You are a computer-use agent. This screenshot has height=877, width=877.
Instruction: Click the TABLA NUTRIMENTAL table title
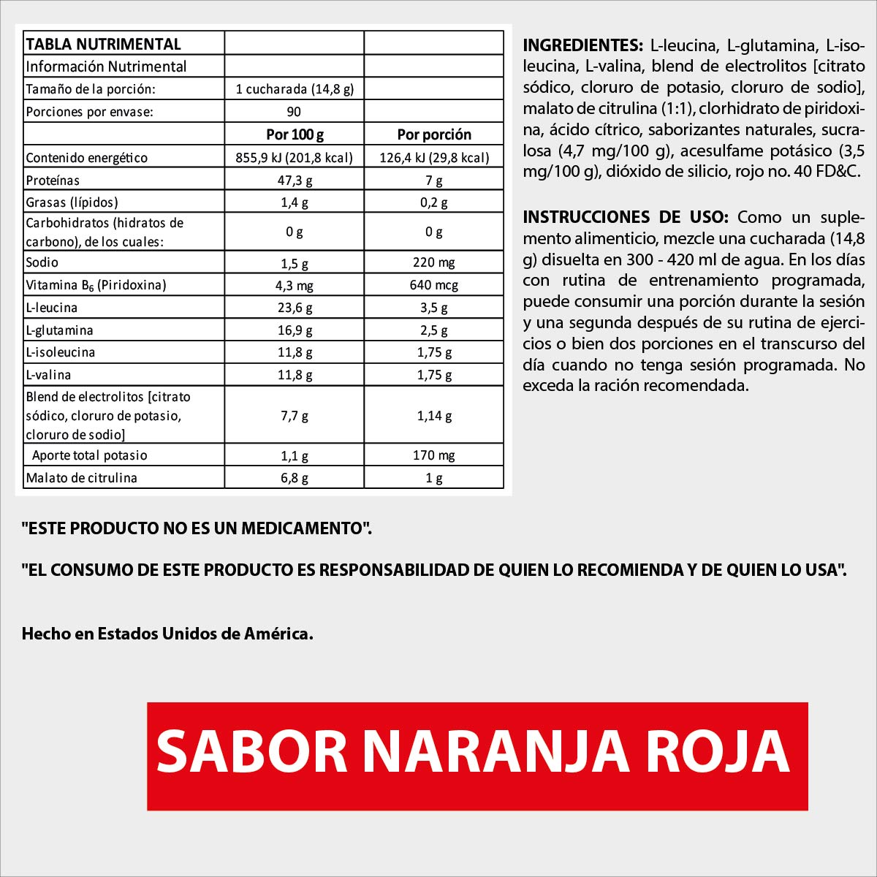click(103, 44)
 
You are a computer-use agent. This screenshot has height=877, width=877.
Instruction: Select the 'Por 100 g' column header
click(295, 134)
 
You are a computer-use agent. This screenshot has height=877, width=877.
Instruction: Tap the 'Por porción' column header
click(434, 134)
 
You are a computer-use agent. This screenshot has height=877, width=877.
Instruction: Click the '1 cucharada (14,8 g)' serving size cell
click(295, 89)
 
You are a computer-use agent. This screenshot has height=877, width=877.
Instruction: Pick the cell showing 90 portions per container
click(295, 112)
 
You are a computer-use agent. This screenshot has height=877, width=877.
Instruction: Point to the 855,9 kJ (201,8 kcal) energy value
click(295, 158)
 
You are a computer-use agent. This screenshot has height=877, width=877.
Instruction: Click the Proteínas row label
click(53, 181)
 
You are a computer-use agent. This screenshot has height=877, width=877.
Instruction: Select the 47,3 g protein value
click(295, 181)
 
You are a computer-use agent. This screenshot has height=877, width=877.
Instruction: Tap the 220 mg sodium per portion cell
click(434, 262)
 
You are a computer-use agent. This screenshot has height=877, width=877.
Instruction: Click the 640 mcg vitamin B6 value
click(434, 285)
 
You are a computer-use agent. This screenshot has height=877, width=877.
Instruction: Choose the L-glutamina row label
click(59, 330)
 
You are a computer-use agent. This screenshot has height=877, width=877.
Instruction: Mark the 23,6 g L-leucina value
click(295, 308)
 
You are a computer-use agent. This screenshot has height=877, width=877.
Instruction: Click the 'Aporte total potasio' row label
click(89, 455)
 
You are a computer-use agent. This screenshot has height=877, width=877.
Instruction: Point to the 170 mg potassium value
click(434, 455)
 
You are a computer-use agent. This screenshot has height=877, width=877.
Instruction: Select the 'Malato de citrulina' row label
click(81, 478)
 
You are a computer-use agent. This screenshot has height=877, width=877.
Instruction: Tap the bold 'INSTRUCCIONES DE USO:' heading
click(626, 217)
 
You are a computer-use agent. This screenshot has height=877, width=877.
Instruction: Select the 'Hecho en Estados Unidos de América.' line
click(167, 634)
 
